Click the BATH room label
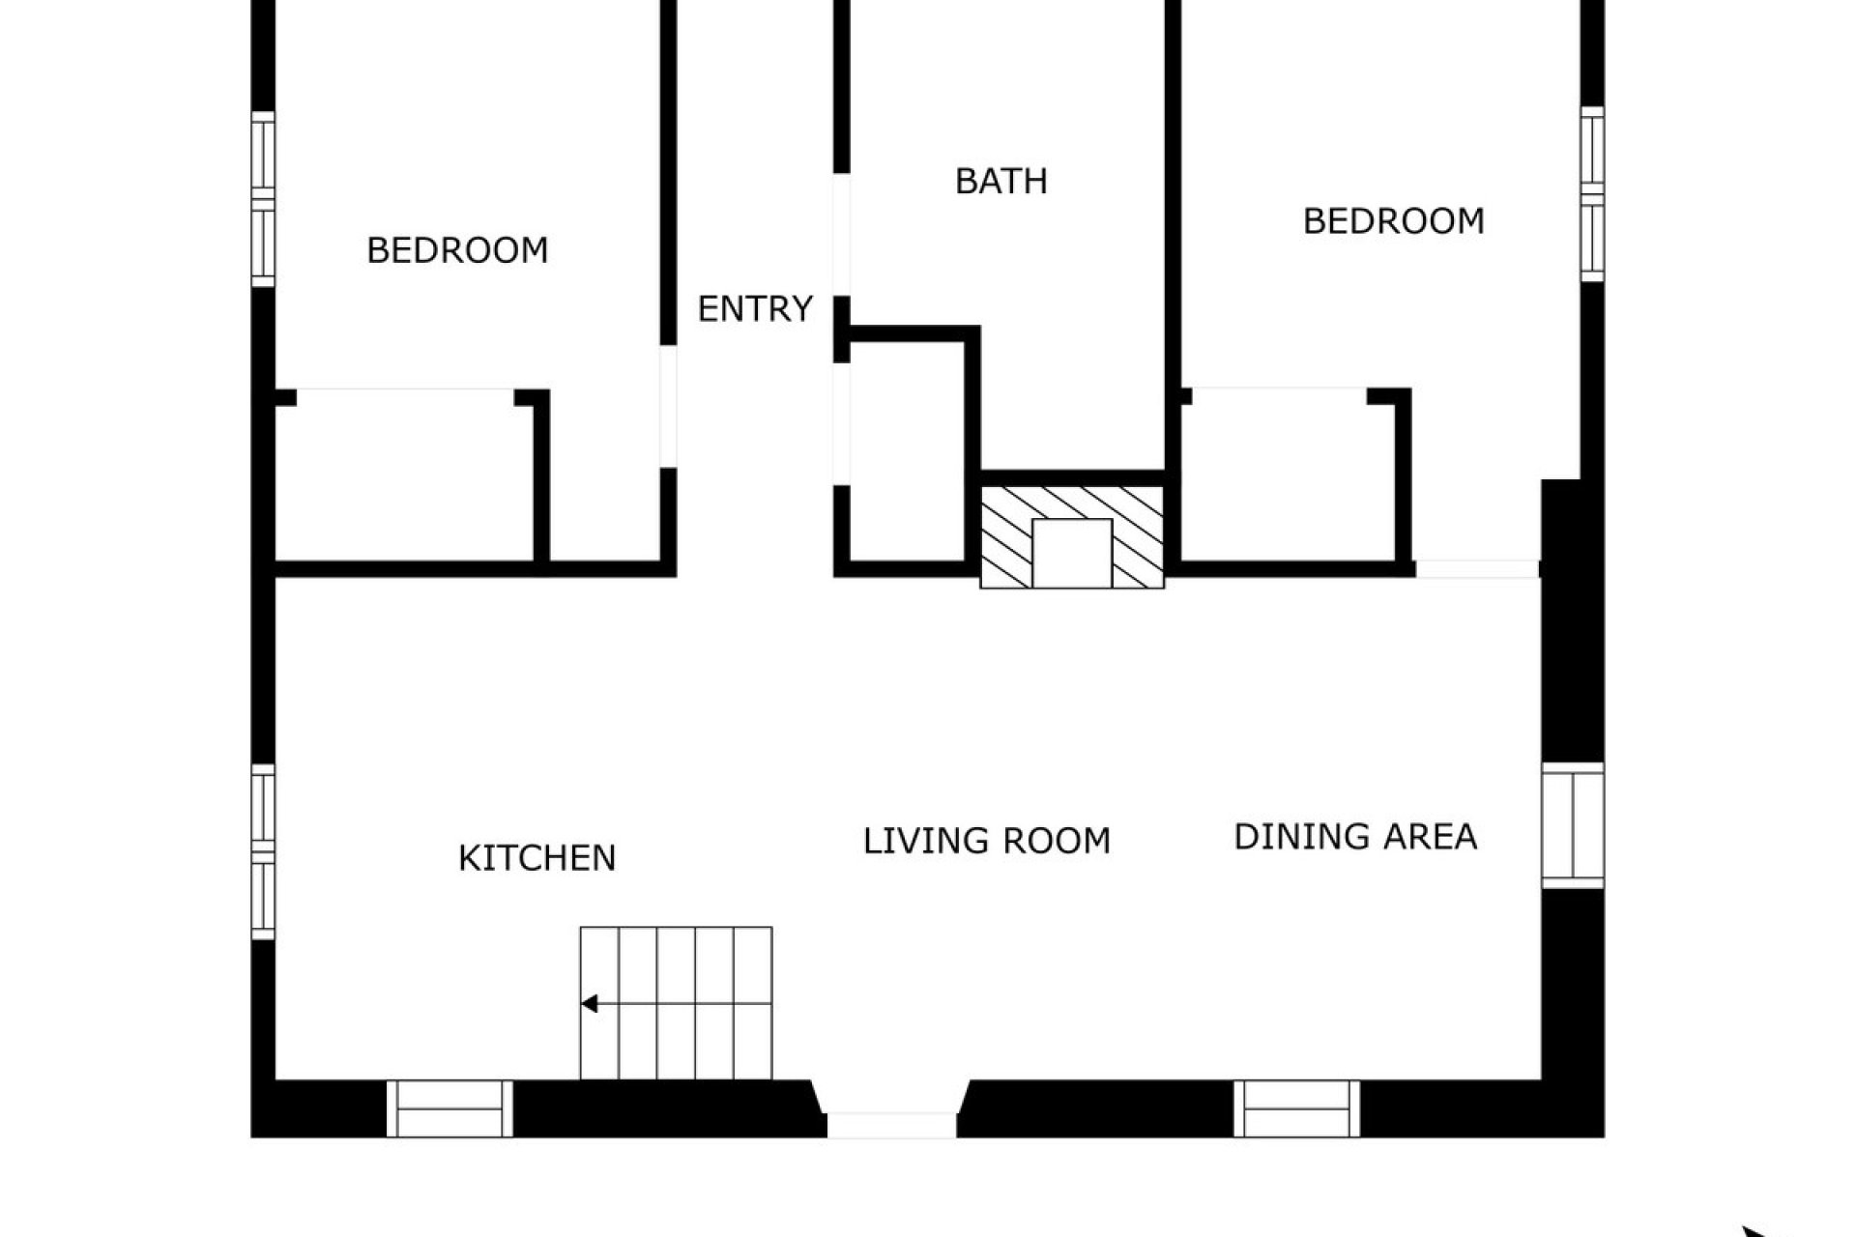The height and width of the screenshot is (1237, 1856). pyautogui.click(x=1000, y=182)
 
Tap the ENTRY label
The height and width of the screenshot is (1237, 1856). pyautogui.click(x=755, y=309)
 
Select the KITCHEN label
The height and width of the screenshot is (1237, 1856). pyautogui.click(x=536, y=858)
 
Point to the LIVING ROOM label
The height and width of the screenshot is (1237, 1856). pyautogui.click(x=986, y=841)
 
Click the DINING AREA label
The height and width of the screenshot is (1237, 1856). pyautogui.click(x=1355, y=837)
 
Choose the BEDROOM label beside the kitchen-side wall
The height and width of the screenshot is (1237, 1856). pyautogui.click(x=457, y=251)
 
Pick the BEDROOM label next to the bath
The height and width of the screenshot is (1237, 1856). pyautogui.click(x=1393, y=221)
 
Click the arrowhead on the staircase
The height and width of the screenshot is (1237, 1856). pyautogui.click(x=589, y=1004)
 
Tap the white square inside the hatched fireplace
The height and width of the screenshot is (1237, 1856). pyautogui.click(x=1072, y=553)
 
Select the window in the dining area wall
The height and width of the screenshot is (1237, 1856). pyautogui.click(x=1573, y=824)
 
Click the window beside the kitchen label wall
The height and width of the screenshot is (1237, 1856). pyautogui.click(x=263, y=851)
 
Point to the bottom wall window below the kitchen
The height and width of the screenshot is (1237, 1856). pyautogui.click(x=449, y=1108)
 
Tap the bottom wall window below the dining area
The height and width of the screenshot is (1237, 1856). pyautogui.click(x=1296, y=1108)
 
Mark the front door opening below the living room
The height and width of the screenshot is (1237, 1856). pyautogui.click(x=891, y=1124)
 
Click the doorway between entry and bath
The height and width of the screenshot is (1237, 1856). pyautogui.click(x=842, y=235)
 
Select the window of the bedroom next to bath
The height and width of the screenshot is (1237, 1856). pyautogui.click(x=1592, y=194)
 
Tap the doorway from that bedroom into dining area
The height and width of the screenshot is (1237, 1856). pyautogui.click(x=1477, y=569)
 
